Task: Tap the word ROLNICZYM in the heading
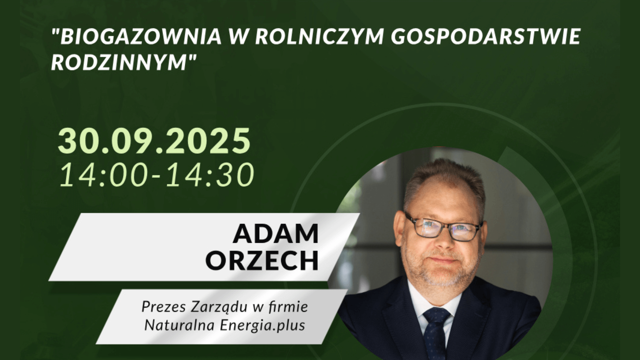pyautogui.click(x=319, y=36)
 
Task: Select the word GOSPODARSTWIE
pyautogui.click(x=486, y=36)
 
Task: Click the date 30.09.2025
pyautogui.click(x=154, y=141)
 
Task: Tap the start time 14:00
pyautogui.click(x=102, y=175)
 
